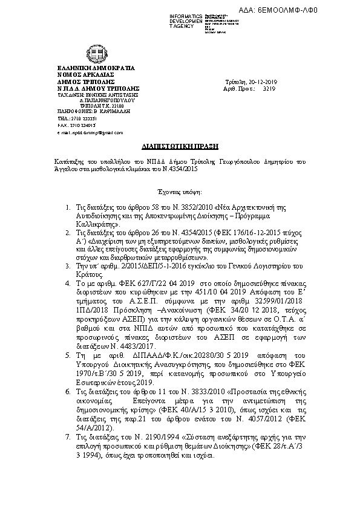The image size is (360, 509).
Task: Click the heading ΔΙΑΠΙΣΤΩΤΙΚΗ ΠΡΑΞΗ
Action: [179, 146]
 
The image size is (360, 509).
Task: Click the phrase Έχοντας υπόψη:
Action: [180, 189]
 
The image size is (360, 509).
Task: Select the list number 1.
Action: [68, 207]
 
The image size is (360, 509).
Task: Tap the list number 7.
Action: [68, 452]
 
